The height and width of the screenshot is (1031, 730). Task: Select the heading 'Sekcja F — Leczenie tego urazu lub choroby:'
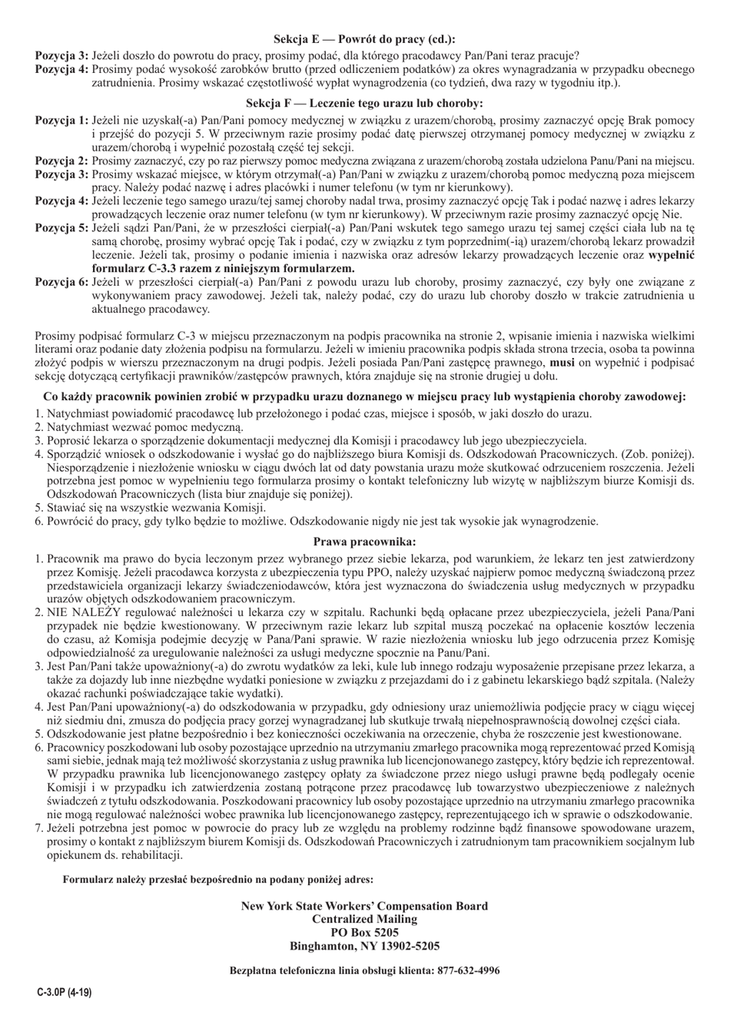(x=364, y=103)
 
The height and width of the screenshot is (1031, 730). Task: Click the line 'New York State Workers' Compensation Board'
(x=364, y=906)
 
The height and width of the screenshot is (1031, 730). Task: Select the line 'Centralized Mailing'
(x=364, y=919)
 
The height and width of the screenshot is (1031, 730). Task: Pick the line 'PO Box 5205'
(x=364, y=932)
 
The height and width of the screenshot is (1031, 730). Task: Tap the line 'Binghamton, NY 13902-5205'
(x=364, y=945)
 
